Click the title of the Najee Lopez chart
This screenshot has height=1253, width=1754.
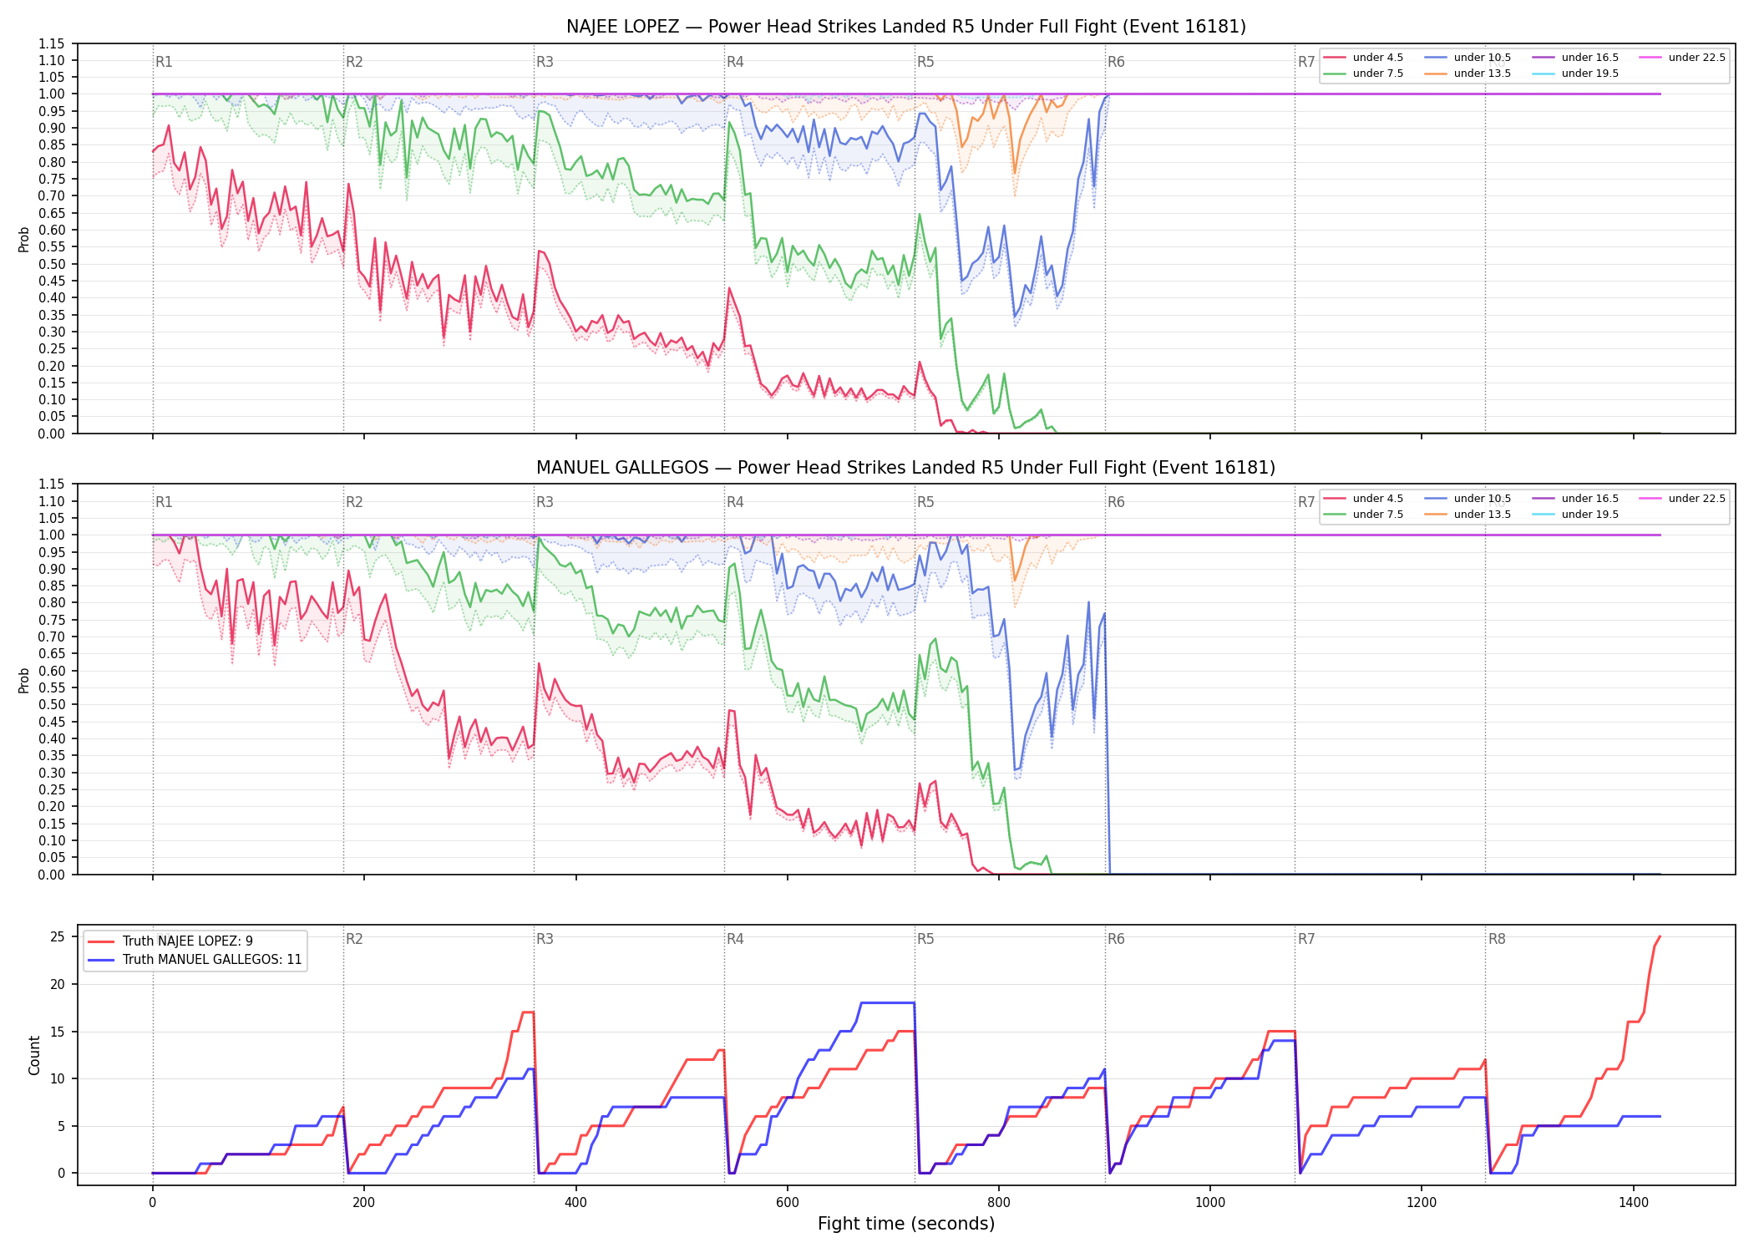point(906,27)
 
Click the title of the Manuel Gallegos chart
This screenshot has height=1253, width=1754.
point(906,468)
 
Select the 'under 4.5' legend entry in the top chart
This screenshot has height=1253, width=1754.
point(1363,58)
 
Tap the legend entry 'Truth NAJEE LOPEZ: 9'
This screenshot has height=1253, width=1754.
point(170,941)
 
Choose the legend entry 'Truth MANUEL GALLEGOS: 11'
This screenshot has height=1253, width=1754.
point(195,960)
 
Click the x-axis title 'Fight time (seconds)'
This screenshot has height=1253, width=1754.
point(906,1224)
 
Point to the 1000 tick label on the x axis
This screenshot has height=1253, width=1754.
point(1210,1203)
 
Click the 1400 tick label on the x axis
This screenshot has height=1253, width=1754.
point(1634,1203)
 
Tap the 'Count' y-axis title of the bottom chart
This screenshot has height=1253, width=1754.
point(34,1055)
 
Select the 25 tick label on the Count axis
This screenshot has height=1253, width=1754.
point(58,937)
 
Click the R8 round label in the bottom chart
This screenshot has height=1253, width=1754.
point(1497,940)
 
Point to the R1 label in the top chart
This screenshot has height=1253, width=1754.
point(164,62)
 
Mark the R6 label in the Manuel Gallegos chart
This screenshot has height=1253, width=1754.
point(1116,502)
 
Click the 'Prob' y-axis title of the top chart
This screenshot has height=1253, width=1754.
point(24,239)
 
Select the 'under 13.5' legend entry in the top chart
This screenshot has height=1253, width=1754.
point(1468,74)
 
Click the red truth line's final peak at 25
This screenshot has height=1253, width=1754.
point(1660,936)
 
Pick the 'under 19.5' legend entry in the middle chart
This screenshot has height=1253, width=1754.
point(1575,515)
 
